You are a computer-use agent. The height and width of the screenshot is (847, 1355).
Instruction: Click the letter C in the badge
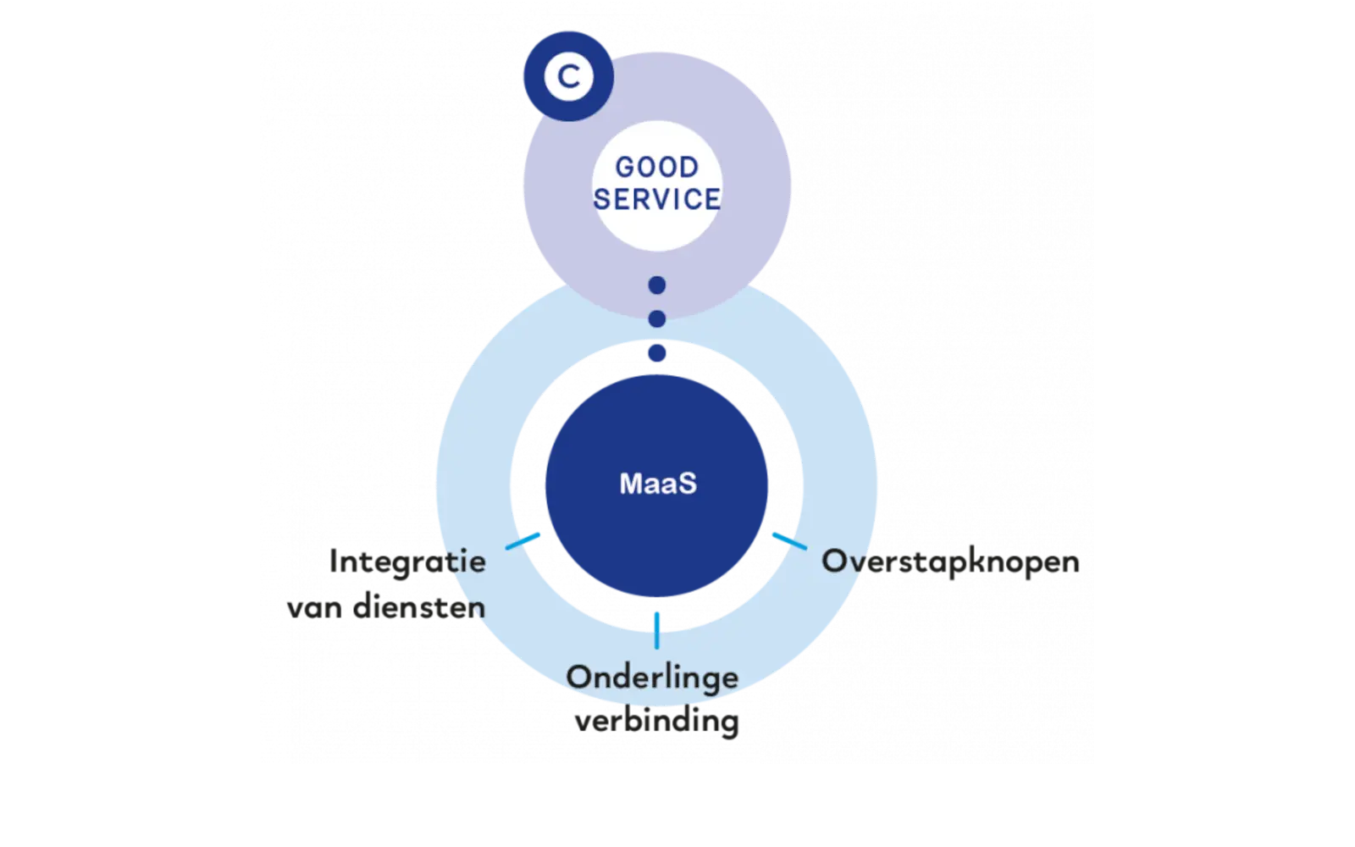[568, 77]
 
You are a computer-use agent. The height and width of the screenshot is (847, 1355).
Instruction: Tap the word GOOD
[657, 168]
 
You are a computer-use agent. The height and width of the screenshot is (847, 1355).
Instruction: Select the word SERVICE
[657, 200]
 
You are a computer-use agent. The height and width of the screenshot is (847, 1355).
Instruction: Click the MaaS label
[658, 484]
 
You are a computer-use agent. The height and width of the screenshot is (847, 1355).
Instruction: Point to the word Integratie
[407, 562]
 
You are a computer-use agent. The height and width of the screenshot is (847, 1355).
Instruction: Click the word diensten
[419, 607]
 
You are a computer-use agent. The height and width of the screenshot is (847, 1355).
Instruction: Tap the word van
[314, 610]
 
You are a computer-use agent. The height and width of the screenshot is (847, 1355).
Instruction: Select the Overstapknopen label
[950, 562]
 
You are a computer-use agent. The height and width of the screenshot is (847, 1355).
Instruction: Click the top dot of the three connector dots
[657, 285]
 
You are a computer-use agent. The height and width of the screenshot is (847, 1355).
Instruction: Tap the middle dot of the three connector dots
[657, 318]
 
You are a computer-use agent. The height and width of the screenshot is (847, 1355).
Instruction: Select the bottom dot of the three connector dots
[657, 352]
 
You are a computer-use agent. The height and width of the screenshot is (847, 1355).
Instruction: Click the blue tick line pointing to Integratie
[523, 541]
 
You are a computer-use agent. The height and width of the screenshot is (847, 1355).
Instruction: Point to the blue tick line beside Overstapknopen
[789, 541]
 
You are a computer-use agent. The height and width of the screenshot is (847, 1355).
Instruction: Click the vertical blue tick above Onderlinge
[657, 631]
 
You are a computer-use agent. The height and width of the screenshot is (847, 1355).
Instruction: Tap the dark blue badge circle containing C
[568, 77]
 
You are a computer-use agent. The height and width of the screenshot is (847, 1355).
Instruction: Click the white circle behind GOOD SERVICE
[657, 185]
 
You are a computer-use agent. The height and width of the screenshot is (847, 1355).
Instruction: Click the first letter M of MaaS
[631, 484]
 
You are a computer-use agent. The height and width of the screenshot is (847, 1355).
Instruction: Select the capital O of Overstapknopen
[836, 561]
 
